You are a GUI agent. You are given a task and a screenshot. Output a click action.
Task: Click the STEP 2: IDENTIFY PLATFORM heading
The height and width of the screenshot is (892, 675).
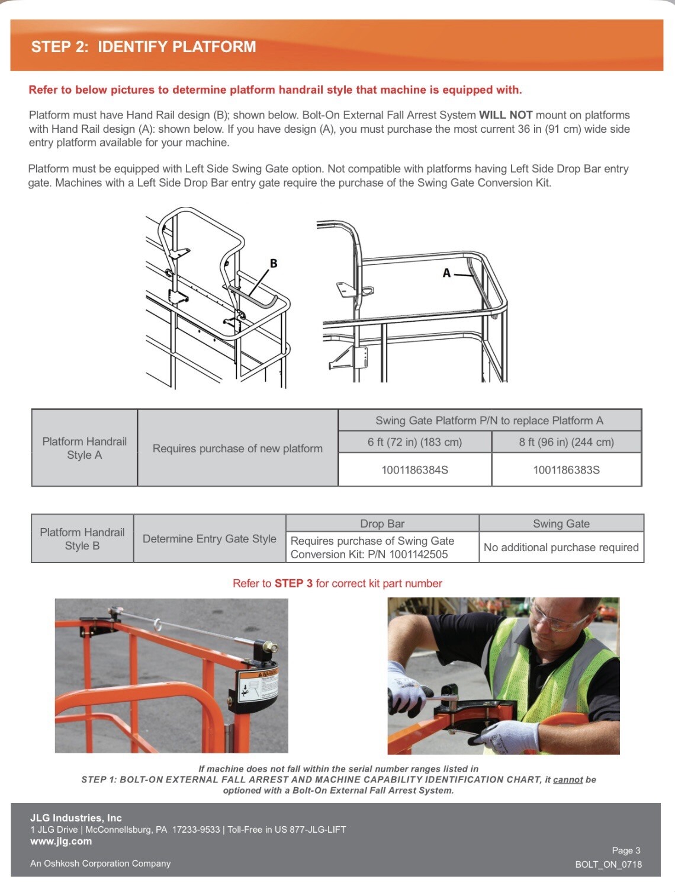[x=143, y=46]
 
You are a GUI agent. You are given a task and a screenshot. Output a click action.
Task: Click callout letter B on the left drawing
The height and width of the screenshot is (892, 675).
[x=273, y=263]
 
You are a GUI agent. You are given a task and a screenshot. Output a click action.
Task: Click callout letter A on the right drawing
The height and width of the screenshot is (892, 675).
[x=446, y=273]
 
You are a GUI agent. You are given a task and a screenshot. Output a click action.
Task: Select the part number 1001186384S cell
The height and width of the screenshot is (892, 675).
[x=414, y=470]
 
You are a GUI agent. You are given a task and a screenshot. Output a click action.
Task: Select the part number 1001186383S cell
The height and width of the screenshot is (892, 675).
[x=566, y=470]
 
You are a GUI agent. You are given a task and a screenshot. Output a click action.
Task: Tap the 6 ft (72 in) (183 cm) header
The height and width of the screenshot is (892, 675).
[x=414, y=442]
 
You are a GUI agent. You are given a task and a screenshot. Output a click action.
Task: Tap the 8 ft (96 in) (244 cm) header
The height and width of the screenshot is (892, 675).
[x=566, y=442]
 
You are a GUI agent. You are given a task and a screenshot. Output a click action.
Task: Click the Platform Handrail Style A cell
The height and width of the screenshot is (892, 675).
[x=84, y=448]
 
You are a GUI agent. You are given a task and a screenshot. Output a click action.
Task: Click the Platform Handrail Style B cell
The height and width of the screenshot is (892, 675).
[x=82, y=539]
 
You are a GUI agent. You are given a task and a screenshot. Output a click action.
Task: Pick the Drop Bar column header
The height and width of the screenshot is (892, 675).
[x=382, y=523]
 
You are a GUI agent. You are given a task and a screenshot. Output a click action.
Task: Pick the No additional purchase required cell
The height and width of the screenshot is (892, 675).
[x=561, y=548]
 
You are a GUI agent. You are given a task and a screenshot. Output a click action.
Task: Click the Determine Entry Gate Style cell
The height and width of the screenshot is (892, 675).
[x=209, y=539]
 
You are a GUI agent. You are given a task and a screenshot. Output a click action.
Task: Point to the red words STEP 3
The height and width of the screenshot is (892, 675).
[x=293, y=583]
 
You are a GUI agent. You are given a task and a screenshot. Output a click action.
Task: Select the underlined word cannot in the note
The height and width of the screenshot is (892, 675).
[x=567, y=779]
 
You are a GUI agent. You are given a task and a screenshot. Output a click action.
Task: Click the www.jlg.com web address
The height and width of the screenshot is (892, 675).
[x=61, y=841]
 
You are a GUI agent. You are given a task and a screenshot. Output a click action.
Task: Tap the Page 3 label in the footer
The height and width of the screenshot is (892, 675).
[x=626, y=851]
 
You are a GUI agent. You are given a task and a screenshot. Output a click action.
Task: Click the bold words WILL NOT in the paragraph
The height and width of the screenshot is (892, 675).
[x=505, y=115]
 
